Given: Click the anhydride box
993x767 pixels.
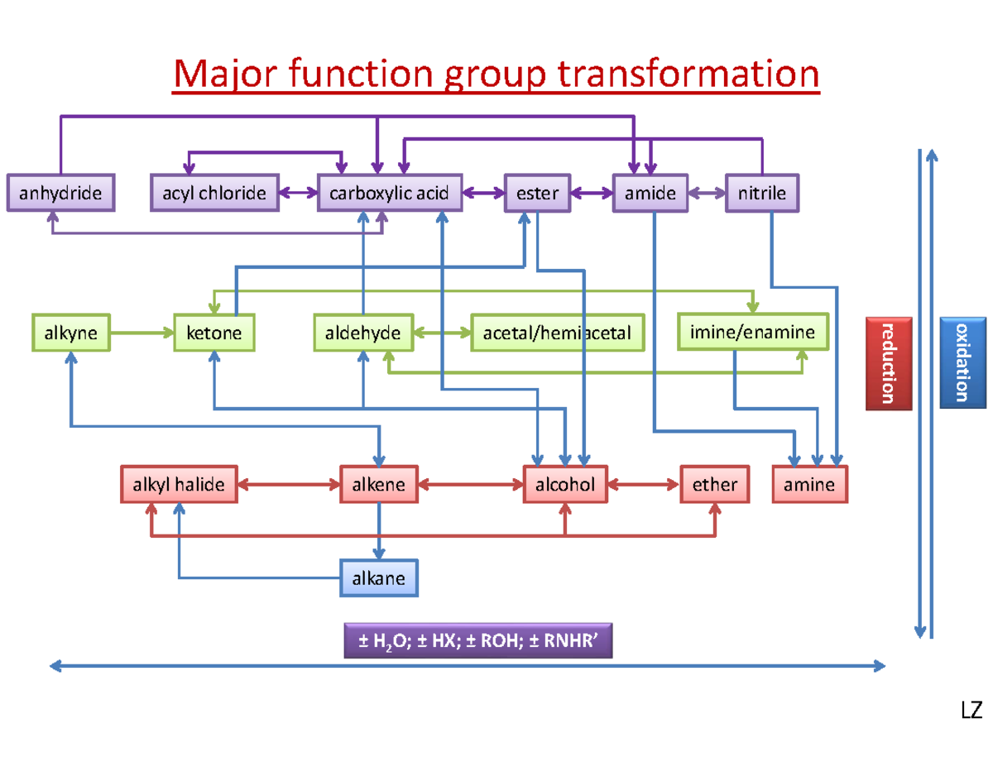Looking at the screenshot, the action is pyautogui.click(x=60, y=192).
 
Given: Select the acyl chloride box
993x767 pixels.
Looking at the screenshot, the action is pyautogui.click(x=214, y=192).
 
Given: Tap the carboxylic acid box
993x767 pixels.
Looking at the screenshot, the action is pyautogui.click(x=390, y=192).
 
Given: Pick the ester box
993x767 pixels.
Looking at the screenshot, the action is pyautogui.click(x=537, y=193).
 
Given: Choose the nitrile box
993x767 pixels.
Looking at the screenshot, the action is pyautogui.click(x=762, y=193).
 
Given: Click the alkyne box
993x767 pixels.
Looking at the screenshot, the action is pyautogui.click(x=71, y=332).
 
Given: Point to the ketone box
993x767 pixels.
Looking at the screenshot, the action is pyautogui.click(x=213, y=332).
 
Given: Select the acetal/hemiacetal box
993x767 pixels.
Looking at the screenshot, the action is pyautogui.click(x=558, y=332).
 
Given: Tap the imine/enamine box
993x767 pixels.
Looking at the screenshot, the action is pyautogui.click(x=753, y=331).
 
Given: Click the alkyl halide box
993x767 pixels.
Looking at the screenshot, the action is pyautogui.click(x=179, y=484).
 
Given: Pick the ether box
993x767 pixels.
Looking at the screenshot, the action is pyautogui.click(x=714, y=484).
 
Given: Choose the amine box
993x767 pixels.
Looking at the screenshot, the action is pyautogui.click(x=809, y=484).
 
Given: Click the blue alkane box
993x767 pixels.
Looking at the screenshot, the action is pyautogui.click(x=379, y=578).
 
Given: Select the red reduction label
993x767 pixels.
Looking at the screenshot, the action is pyautogui.click(x=889, y=363).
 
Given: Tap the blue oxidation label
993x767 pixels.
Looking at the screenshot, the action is pyautogui.click(x=962, y=362).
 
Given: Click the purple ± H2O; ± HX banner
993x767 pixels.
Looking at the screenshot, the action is pyautogui.click(x=477, y=640).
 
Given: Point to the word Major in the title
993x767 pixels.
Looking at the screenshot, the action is pyautogui.click(x=225, y=74).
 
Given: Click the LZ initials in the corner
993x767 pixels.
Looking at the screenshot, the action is pyautogui.click(x=971, y=710).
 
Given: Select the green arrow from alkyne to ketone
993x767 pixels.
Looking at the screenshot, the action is pyautogui.click(x=142, y=332).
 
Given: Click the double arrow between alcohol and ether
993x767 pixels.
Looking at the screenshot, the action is pyautogui.click(x=644, y=484).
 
